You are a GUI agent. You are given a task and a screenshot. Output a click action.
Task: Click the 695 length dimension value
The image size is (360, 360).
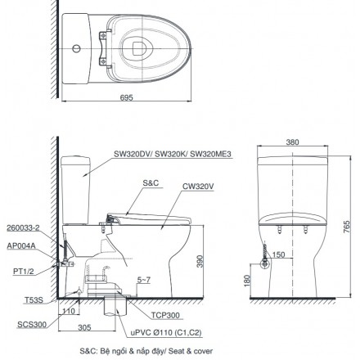pyautogui.click(x=127, y=97)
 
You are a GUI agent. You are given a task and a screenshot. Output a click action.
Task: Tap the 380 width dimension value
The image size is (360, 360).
pyautogui.click(x=292, y=142)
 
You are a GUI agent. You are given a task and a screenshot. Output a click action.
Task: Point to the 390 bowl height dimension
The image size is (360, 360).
pyautogui.click(x=200, y=261)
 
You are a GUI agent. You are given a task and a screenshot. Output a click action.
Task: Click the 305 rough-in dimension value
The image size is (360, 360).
pyautogui.click(x=84, y=327)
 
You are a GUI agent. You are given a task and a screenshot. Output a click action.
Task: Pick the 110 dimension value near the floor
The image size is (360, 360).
pyautogui.click(x=69, y=311)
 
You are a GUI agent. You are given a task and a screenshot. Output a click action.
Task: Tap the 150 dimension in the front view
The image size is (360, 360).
pyautogui.click(x=278, y=254)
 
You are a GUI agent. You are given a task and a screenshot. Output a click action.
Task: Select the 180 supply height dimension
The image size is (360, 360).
pyautogui.click(x=247, y=281)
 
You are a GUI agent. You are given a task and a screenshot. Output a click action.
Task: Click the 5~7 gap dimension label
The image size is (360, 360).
pyautogui.click(x=144, y=280)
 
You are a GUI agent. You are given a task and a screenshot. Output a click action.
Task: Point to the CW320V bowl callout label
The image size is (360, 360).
pyautogui.click(x=198, y=187)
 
